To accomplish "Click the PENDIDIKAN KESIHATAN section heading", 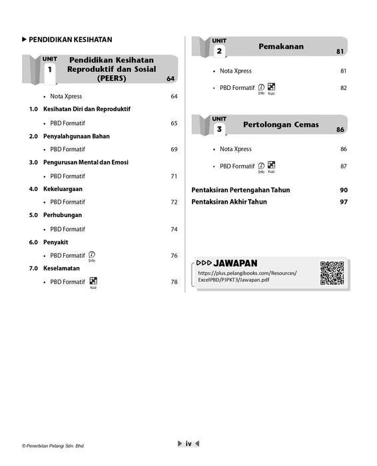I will click(70, 39).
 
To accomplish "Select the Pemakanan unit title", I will click(281, 47).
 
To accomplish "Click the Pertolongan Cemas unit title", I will click(281, 124).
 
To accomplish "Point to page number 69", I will click(174, 149).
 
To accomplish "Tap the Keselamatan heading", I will click(63, 268).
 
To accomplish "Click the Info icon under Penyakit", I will click(92, 255).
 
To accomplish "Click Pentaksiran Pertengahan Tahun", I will click(240, 190).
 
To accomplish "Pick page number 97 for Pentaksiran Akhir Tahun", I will click(344, 202).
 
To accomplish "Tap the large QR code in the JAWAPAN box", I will click(332, 273).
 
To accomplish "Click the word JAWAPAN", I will click(236, 263).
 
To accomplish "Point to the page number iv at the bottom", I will click(188, 443).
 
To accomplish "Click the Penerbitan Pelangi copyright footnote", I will click(53, 446).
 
